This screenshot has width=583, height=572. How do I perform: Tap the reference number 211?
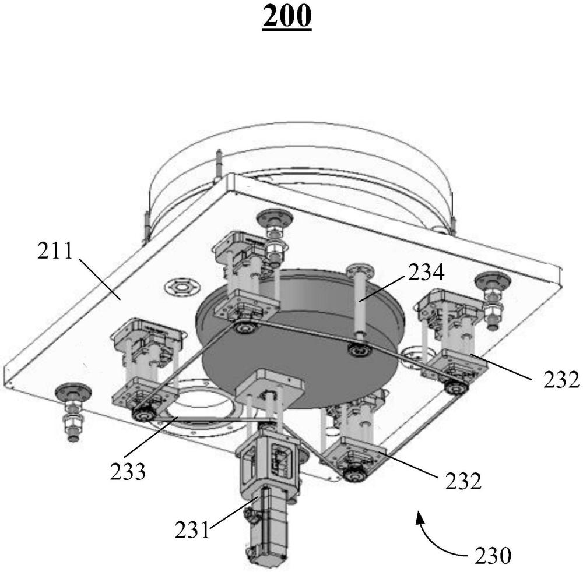pyautogui.click(x=55, y=251)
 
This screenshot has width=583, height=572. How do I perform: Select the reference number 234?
pyautogui.click(x=426, y=273)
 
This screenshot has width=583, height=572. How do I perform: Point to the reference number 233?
pyautogui.click(x=128, y=471)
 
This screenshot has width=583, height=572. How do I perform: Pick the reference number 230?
pyautogui.click(x=493, y=556)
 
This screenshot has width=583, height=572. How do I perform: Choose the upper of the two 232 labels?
pyautogui.click(x=561, y=380)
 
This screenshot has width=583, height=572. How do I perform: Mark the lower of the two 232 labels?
pyautogui.click(x=463, y=481)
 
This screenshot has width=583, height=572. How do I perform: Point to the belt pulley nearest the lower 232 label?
pyautogui.click(x=354, y=475)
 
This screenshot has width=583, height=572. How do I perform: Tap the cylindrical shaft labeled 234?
pyautogui.click(x=360, y=303)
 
